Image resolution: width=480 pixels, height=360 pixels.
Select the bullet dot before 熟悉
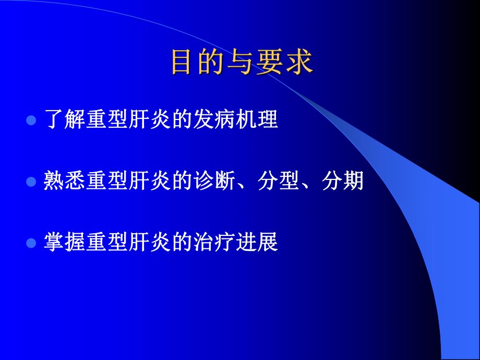(31, 182)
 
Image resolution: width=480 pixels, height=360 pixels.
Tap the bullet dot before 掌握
(31, 243)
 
